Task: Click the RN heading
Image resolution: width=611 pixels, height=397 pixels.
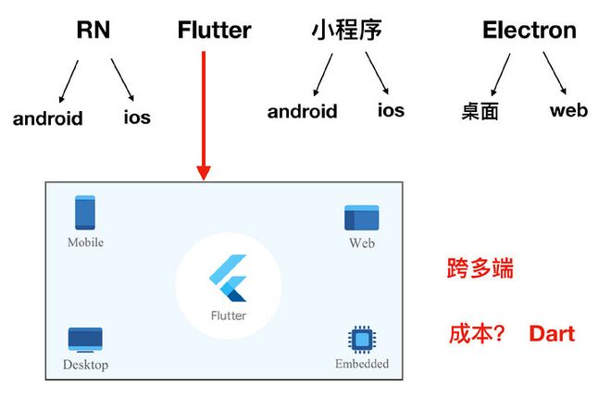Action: (x=93, y=31)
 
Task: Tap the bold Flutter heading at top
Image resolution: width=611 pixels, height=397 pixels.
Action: (x=214, y=31)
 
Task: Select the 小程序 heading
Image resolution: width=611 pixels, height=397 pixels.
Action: (x=347, y=31)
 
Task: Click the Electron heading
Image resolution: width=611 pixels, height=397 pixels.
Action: (x=529, y=31)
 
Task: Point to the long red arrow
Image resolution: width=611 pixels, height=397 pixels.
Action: (x=204, y=111)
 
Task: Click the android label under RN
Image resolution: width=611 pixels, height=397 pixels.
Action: (x=47, y=118)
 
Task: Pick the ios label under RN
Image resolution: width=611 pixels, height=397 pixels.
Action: (x=137, y=118)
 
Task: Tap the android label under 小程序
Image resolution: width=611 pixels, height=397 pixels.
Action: (x=303, y=112)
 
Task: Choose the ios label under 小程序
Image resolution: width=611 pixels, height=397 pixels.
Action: (x=391, y=110)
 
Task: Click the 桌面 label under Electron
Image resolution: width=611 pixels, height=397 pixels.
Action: (x=480, y=112)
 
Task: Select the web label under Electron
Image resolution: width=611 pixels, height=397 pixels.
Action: (x=568, y=110)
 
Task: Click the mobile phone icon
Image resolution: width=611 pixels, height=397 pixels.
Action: (x=85, y=213)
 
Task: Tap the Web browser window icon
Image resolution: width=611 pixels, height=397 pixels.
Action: (x=361, y=217)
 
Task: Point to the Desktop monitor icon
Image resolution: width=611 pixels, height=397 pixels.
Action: (x=85, y=340)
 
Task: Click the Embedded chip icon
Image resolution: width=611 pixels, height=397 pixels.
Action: (x=361, y=339)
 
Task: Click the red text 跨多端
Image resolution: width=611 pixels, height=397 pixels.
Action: (x=480, y=270)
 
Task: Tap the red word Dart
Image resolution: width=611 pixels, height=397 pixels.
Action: (x=552, y=333)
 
